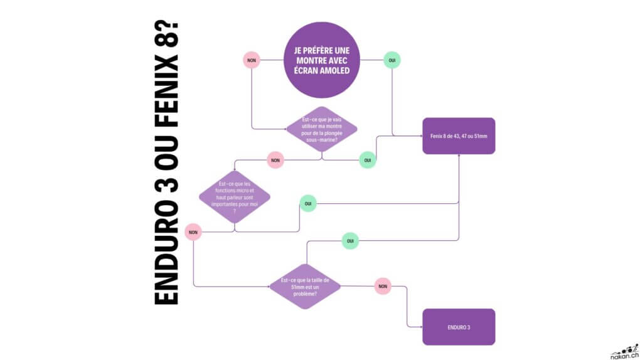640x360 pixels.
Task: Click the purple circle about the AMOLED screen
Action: pyautogui.click(x=322, y=60)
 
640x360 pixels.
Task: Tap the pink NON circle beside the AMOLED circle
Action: pyautogui.click(x=252, y=60)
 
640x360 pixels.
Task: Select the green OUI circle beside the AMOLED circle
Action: pyautogui.click(x=392, y=60)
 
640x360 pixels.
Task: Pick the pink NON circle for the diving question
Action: pyautogui.click(x=275, y=160)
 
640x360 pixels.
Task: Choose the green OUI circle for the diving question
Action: pyautogui.click(x=368, y=160)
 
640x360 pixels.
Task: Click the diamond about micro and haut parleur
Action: pyautogui.click(x=235, y=196)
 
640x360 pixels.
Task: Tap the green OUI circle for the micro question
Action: pyautogui.click(x=308, y=203)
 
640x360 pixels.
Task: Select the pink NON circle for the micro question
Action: pyautogui.click(x=193, y=232)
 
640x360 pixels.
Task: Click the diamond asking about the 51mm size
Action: pyautogui.click(x=305, y=286)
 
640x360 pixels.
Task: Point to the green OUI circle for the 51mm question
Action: pyautogui.click(x=350, y=240)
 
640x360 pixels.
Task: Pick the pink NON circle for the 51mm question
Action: pyautogui.click(x=382, y=286)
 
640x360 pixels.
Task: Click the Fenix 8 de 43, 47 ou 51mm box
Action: pyautogui.click(x=459, y=135)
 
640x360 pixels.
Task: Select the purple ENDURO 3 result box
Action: pyautogui.click(x=459, y=327)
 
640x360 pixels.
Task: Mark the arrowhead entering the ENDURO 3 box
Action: pyautogui.click(x=420, y=327)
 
